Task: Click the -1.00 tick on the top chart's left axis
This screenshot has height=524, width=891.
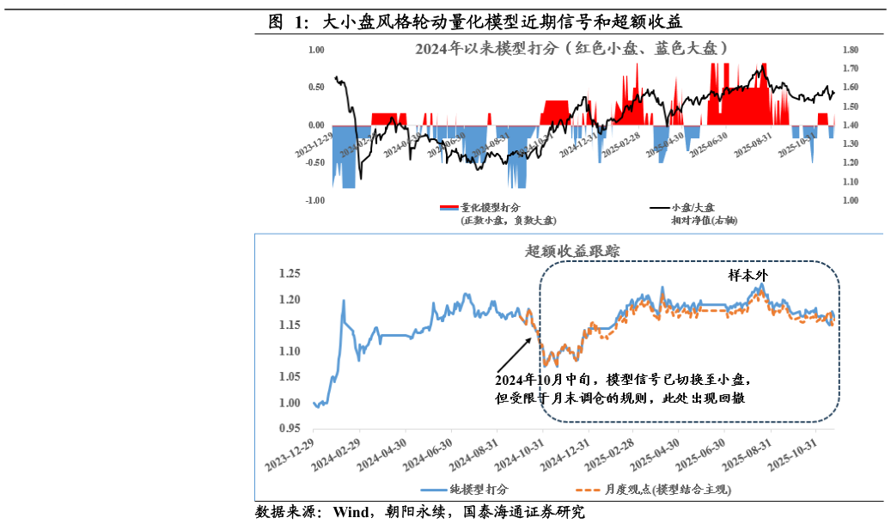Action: (315, 200)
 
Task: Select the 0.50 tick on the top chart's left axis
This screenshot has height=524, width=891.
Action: (315, 88)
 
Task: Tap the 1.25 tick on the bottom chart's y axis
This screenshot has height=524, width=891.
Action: (289, 274)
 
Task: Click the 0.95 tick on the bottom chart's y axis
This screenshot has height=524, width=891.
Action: (289, 428)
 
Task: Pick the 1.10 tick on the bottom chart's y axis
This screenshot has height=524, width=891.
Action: (289, 351)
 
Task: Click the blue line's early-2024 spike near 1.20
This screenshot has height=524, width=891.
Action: (344, 302)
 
